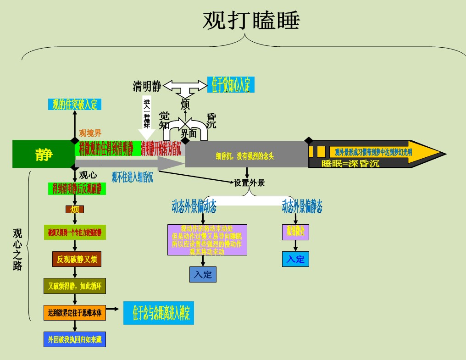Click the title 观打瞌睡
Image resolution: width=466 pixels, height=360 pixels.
click(251, 21)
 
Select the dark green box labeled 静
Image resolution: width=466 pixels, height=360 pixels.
click(44, 154)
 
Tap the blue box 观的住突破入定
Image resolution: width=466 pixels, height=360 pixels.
click(75, 105)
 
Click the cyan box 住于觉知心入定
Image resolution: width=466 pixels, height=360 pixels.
click(231, 85)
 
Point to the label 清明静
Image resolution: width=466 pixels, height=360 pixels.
click(147, 86)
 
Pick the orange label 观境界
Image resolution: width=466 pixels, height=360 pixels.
click(90, 133)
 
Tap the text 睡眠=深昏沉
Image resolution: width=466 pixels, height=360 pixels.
click(350, 163)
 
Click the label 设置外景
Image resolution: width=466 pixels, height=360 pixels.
click(250, 183)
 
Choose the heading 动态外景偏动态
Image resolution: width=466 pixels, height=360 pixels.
click(194, 207)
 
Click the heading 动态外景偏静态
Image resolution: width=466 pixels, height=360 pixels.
click(302, 207)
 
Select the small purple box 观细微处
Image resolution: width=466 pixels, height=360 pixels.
click(295, 232)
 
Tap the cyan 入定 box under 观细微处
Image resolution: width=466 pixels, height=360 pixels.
click(295, 259)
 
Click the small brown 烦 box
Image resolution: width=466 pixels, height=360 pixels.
click(75, 210)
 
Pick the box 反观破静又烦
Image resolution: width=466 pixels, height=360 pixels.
click(77, 260)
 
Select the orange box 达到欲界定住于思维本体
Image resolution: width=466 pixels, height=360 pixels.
click(75, 313)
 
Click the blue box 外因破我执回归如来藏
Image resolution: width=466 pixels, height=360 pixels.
click(75, 339)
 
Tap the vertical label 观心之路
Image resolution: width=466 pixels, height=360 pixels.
click(17, 249)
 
